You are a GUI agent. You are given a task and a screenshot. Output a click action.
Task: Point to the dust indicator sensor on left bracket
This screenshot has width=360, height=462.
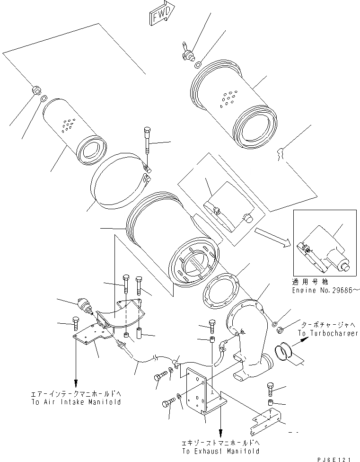click(x=83, y=306)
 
